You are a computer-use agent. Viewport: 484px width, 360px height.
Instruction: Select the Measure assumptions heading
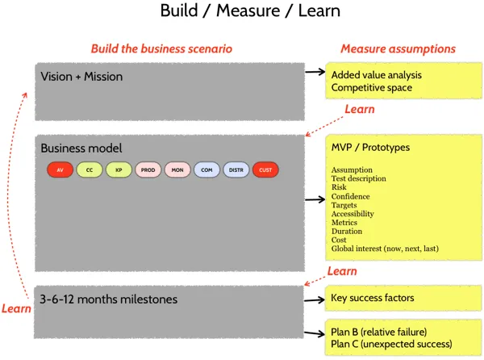pos(398,48)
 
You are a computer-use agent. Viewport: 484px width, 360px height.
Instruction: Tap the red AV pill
pos(60,170)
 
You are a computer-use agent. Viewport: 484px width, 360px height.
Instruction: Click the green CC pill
pos(90,170)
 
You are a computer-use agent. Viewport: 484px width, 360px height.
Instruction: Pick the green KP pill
pos(119,170)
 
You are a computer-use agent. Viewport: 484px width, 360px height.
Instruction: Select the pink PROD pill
pos(148,170)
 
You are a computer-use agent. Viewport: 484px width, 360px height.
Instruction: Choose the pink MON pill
pos(177,170)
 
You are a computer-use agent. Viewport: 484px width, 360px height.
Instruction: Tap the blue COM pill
pos(207,170)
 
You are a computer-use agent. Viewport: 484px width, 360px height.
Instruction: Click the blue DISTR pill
pos(236,170)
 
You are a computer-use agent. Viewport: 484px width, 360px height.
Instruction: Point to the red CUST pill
pos(265,170)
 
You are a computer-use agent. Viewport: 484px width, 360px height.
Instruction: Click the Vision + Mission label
pos(81,77)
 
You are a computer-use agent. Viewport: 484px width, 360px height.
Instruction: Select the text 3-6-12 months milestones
pos(108,299)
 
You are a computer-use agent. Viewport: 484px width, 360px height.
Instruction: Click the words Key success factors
pos(372,298)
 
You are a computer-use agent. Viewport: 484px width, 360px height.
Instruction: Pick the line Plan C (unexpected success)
pos(391,345)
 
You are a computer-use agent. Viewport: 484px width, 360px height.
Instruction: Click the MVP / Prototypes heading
pos(370,148)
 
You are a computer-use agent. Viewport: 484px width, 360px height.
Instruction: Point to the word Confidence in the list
pos(352,195)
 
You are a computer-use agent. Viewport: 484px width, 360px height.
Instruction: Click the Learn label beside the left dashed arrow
pos(16,308)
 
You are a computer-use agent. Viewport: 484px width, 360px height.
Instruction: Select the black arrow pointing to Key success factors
pos(314,299)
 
